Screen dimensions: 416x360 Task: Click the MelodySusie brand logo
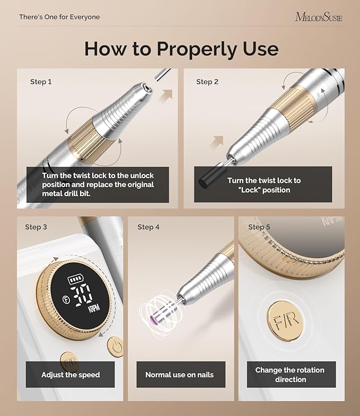click(x=319, y=17)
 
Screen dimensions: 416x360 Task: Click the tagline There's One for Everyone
click(x=59, y=17)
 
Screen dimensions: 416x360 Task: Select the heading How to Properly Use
click(x=181, y=49)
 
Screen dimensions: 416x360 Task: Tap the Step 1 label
click(x=41, y=82)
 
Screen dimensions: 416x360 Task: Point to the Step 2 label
click(x=207, y=82)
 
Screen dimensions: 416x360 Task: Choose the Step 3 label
click(x=36, y=227)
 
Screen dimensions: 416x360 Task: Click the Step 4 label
click(x=148, y=227)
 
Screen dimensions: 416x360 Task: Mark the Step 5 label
click(x=259, y=227)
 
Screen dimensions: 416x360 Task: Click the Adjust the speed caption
click(x=71, y=375)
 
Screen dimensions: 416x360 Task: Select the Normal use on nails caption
click(x=180, y=375)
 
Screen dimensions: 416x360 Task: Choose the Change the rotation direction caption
click(x=291, y=375)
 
